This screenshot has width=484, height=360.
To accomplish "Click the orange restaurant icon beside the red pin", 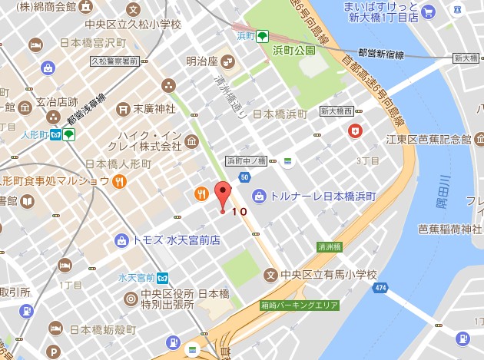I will [x=201, y=193].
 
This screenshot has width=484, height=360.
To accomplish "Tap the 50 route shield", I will [x=244, y=178].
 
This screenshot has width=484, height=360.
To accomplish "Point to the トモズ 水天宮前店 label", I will [x=177, y=240].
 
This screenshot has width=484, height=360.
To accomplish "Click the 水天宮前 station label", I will [x=138, y=276].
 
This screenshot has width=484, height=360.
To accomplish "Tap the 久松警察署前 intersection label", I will [x=114, y=60].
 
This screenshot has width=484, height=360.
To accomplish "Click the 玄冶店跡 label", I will [x=57, y=101].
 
